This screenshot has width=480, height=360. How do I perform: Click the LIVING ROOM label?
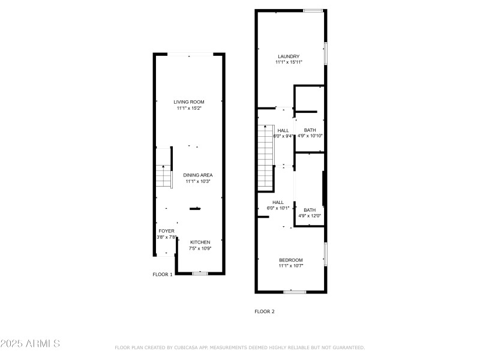189,102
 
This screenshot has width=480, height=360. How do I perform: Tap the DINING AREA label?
198,175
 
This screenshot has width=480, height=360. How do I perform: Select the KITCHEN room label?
200,242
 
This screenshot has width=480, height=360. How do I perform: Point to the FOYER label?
166,230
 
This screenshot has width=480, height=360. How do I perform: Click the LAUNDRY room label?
288,56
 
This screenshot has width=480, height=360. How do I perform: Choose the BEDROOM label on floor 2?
291,260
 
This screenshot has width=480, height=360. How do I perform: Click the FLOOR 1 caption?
162,274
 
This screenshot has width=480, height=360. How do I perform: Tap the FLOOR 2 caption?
265,311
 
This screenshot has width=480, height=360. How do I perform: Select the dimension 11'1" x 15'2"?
190,109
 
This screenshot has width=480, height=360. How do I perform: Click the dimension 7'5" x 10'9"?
200,248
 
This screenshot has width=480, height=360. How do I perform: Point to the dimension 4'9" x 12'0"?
310,216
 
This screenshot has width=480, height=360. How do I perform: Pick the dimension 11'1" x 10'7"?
291,266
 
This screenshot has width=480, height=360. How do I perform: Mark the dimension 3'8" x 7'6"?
166,237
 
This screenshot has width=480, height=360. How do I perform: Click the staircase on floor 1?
164,177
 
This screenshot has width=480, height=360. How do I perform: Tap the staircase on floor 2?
265,156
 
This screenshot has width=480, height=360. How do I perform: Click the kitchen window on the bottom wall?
200,274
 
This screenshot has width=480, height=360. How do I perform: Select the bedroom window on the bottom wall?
294,292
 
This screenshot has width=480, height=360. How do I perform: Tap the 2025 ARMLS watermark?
30,344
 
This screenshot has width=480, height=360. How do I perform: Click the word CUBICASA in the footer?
189,347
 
